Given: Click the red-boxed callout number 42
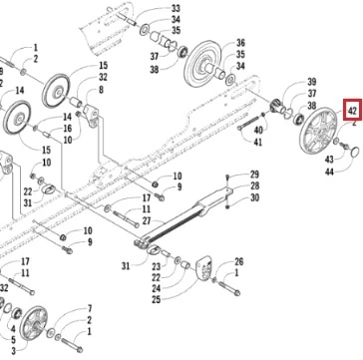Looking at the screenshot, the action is click(352, 110).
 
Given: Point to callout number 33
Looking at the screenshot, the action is click(176, 8).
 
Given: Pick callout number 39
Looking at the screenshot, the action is click(312, 82).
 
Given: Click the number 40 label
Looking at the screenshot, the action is click(258, 130).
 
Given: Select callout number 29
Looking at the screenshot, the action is click(254, 175).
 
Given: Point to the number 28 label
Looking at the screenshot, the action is click(254, 185).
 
